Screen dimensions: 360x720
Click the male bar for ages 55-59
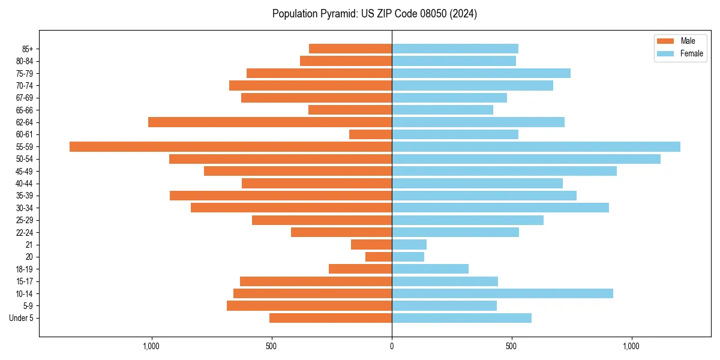(x=230, y=146)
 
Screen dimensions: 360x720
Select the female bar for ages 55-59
(x=536, y=146)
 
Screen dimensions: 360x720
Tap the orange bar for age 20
(x=379, y=257)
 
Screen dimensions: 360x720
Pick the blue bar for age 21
(x=409, y=244)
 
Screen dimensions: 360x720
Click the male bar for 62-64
(x=270, y=122)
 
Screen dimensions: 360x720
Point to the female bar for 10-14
(x=502, y=293)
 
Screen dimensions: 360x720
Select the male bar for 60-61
(x=370, y=134)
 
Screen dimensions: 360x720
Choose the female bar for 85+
(x=455, y=49)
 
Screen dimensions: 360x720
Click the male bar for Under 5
(x=331, y=318)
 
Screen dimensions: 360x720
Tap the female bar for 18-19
(x=430, y=269)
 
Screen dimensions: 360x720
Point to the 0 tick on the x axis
(x=392, y=346)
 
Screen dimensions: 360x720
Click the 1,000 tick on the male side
(x=151, y=346)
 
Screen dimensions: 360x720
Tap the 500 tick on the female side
(x=511, y=346)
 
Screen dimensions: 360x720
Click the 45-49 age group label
(x=24, y=171)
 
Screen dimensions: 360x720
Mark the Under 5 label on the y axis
(x=21, y=318)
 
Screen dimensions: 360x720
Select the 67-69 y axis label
(x=24, y=98)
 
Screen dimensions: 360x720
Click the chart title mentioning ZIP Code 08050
(x=374, y=14)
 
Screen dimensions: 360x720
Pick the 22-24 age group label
(x=24, y=232)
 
